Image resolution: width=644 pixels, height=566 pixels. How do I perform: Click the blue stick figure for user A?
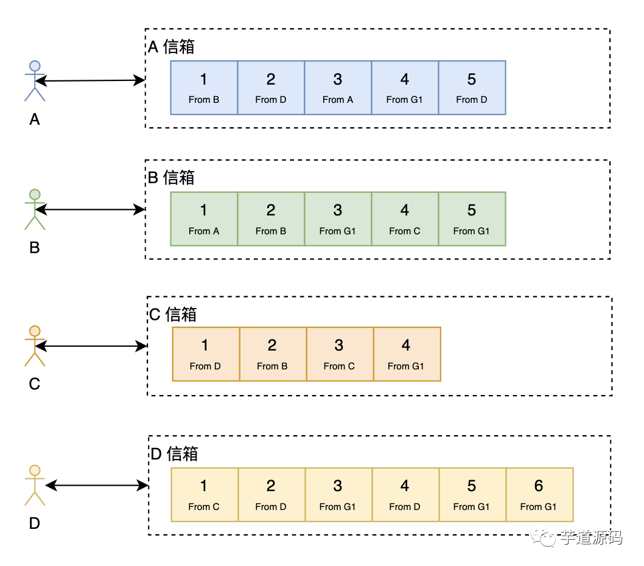pyautogui.click(x=35, y=81)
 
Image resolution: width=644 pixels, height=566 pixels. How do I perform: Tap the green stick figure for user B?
pyautogui.click(x=35, y=209)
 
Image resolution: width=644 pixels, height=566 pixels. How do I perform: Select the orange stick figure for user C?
pyautogui.click(x=35, y=346)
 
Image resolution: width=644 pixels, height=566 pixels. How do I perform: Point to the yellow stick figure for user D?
pyautogui.click(x=35, y=485)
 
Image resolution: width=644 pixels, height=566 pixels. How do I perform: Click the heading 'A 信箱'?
pyautogui.click(x=172, y=47)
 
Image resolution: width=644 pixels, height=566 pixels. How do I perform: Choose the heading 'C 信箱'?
pyautogui.click(x=173, y=314)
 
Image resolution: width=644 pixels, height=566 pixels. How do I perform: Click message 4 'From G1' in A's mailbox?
pyautogui.click(x=405, y=88)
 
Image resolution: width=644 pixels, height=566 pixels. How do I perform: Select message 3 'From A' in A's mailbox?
pyautogui.click(x=338, y=88)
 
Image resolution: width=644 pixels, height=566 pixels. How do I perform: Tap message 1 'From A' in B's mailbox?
pyautogui.click(x=204, y=219)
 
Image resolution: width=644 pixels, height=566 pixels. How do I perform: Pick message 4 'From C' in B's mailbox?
pyautogui.click(x=405, y=219)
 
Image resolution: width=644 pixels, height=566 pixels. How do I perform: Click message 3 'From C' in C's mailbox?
pyautogui.click(x=339, y=354)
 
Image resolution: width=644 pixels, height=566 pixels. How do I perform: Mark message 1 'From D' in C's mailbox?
pyautogui.click(x=205, y=354)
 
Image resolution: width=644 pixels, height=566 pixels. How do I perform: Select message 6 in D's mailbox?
pyautogui.click(x=539, y=495)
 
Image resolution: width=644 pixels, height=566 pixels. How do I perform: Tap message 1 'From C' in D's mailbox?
pyautogui.click(x=204, y=495)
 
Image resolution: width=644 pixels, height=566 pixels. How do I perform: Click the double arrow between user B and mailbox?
pyautogui.click(x=90, y=210)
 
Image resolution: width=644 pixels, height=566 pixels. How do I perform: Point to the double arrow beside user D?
pyautogui.click(x=97, y=486)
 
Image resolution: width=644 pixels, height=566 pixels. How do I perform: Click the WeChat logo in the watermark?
pyautogui.click(x=543, y=537)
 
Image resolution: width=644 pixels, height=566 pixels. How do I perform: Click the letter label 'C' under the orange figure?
pyautogui.click(x=35, y=385)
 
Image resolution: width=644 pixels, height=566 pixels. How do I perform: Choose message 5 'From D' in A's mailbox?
pyautogui.click(x=472, y=88)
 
